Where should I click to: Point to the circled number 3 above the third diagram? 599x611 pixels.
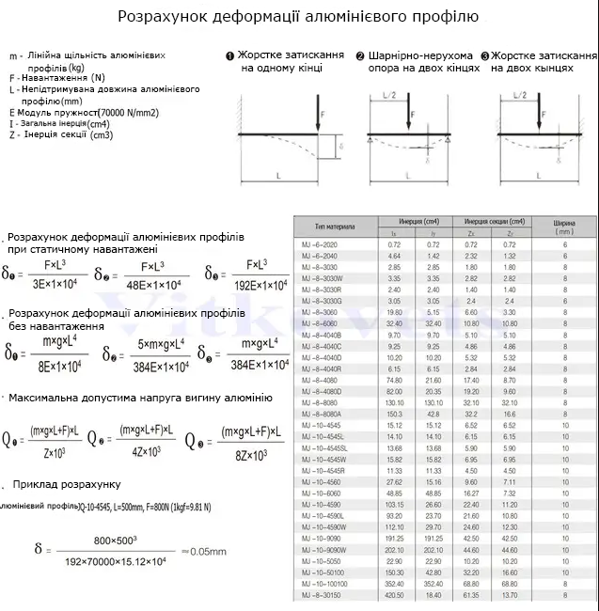click(485, 55)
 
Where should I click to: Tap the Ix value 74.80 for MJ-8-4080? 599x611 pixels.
click(394, 380)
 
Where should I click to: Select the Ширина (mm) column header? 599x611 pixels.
click(564, 226)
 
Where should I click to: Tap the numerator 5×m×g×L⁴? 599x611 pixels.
click(153, 344)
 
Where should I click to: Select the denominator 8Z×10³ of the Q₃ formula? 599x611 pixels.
click(248, 453)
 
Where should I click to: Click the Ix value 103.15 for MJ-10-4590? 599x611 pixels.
click(394, 505)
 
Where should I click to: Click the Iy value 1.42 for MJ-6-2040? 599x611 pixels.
click(433, 256)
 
